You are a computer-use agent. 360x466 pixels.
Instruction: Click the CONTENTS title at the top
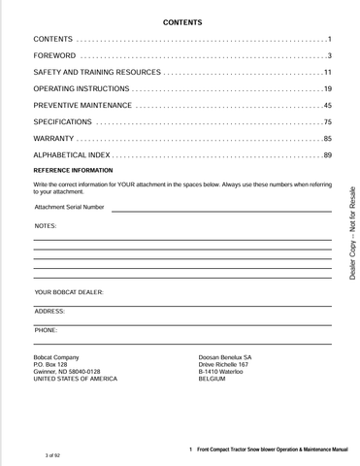point(182,20)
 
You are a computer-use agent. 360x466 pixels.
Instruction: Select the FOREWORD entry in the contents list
point(54,55)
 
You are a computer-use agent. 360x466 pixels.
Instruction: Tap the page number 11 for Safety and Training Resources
point(328,73)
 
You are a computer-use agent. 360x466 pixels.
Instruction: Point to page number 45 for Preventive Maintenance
point(328,105)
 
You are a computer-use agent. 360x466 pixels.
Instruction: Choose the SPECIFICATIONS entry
point(63,121)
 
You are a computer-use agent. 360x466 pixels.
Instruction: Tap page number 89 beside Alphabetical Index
point(328,155)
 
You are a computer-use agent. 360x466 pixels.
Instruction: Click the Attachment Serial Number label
point(69,207)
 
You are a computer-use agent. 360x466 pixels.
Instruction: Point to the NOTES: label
point(46,225)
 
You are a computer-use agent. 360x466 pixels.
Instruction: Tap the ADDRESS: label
point(49,311)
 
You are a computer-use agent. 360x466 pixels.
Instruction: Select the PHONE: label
point(46,330)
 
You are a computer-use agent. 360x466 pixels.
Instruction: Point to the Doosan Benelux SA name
point(225,357)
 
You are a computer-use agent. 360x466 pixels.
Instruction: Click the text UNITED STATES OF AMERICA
point(75,379)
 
